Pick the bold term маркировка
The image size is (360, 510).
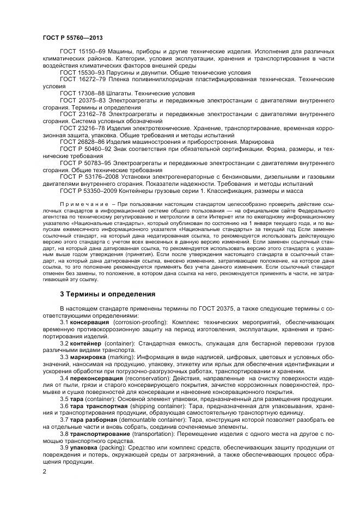tap(87, 357)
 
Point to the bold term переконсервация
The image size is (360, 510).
tap(95, 378)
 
